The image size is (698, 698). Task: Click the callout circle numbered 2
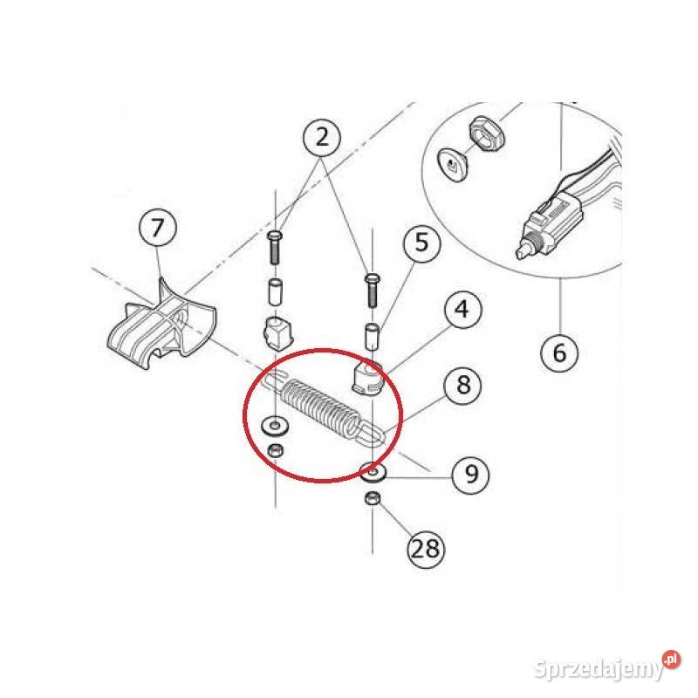[322, 137]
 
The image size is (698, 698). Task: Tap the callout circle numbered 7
[158, 228]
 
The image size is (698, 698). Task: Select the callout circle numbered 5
[421, 243]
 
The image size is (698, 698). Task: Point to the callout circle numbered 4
[463, 310]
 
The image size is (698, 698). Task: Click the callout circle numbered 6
[559, 352]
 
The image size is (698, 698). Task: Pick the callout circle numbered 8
[463, 385]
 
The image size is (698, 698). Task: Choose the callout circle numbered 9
[470, 475]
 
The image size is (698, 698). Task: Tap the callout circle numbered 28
[426, 549]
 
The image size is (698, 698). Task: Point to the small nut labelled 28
[373, 497]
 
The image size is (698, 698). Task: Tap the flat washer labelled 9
[373, 472]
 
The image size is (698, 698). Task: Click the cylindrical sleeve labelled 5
[373, 338]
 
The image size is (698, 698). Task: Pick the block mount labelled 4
[367, 378]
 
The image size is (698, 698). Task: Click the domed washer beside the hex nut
[453, 164]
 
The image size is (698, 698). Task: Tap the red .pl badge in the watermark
[671, 660]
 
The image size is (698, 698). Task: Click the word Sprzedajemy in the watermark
[599, 668]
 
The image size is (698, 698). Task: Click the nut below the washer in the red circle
[276, 451]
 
